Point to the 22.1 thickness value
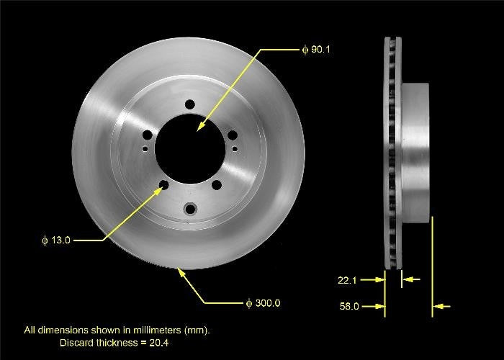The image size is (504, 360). [x=348, y=278]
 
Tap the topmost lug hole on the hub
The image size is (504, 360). [x=189, y=104]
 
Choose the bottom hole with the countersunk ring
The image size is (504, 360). [x=190, y=209]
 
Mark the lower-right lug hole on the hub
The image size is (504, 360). [x=216, y=186]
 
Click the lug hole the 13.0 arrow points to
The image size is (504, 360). [x=163, y=186]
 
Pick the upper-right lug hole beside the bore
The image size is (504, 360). [x=233, y=135]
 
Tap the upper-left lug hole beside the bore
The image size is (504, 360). [x=147, y=135]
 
